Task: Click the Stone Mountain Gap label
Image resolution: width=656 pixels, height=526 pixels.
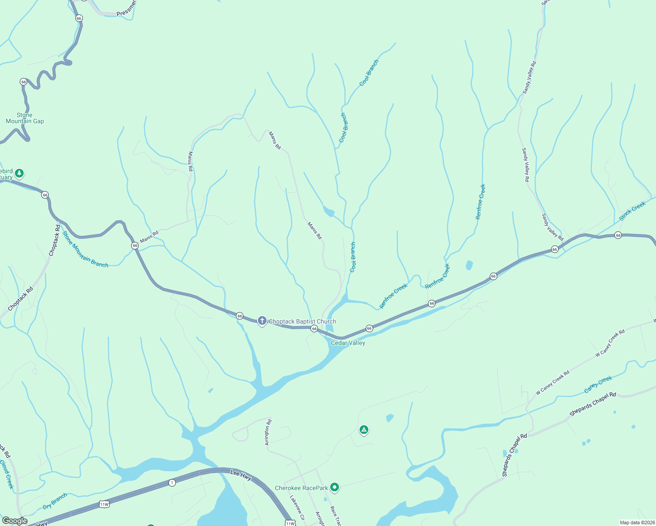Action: click(x=25, y=118)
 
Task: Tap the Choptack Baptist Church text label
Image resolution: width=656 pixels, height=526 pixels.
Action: click(x=302, y=321)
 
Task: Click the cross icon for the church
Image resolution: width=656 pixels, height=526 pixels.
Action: click(x=262, y=321)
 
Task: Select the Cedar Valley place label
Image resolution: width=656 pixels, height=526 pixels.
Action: click(x=348, y=343)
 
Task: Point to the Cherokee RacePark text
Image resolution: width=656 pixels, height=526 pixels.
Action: click(x=301, y=488)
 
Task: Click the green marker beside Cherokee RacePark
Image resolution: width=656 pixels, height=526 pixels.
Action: click(x=335, y=487)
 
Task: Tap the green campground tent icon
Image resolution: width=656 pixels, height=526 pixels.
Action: click(x=364, y=430)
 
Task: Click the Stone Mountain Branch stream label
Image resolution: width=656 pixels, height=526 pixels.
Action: click(x=85, y=249)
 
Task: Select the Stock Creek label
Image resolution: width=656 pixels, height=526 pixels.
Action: click(x=632, y=211)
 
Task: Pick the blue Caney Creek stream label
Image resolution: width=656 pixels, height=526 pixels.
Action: click(x=598, y=384)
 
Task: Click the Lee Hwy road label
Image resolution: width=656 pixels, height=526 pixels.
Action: click(x=241, y=475)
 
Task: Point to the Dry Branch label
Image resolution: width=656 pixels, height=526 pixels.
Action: click(x=55, y=501)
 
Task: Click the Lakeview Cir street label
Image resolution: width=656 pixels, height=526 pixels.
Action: click(x=297, y=508)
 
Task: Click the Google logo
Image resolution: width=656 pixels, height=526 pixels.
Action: click(x=15, y=521)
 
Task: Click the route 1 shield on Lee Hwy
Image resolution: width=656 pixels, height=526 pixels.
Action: click(x=172, y=483)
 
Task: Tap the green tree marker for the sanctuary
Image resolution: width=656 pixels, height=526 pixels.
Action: click(x=19, y=174)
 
